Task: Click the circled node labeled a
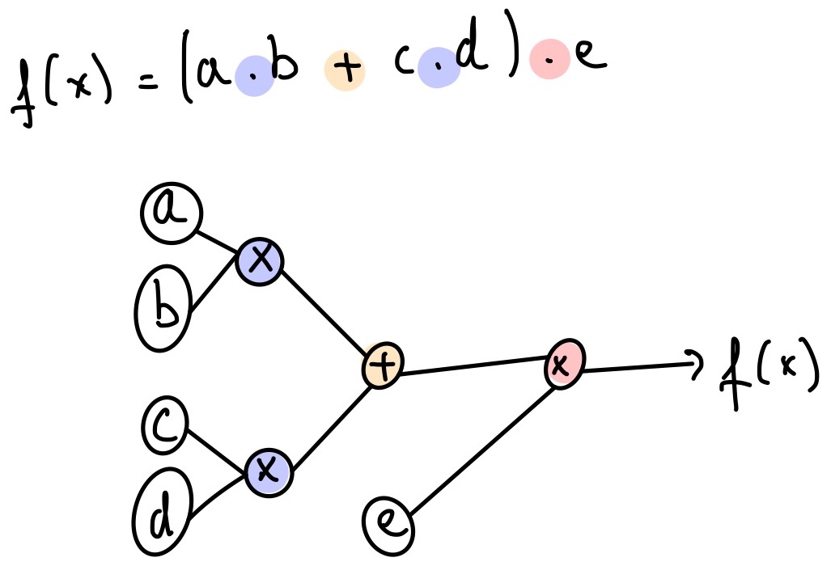click(x=172, y=213)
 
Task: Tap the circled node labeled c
click(x=165, y=427)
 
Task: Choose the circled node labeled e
click(x=388, y=523)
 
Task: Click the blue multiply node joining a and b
click(x=260, y=260)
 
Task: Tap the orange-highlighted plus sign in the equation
click(x=344, y=70)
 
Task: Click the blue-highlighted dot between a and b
click(x=252, y=78)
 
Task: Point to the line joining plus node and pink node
click(x=473, y=368)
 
